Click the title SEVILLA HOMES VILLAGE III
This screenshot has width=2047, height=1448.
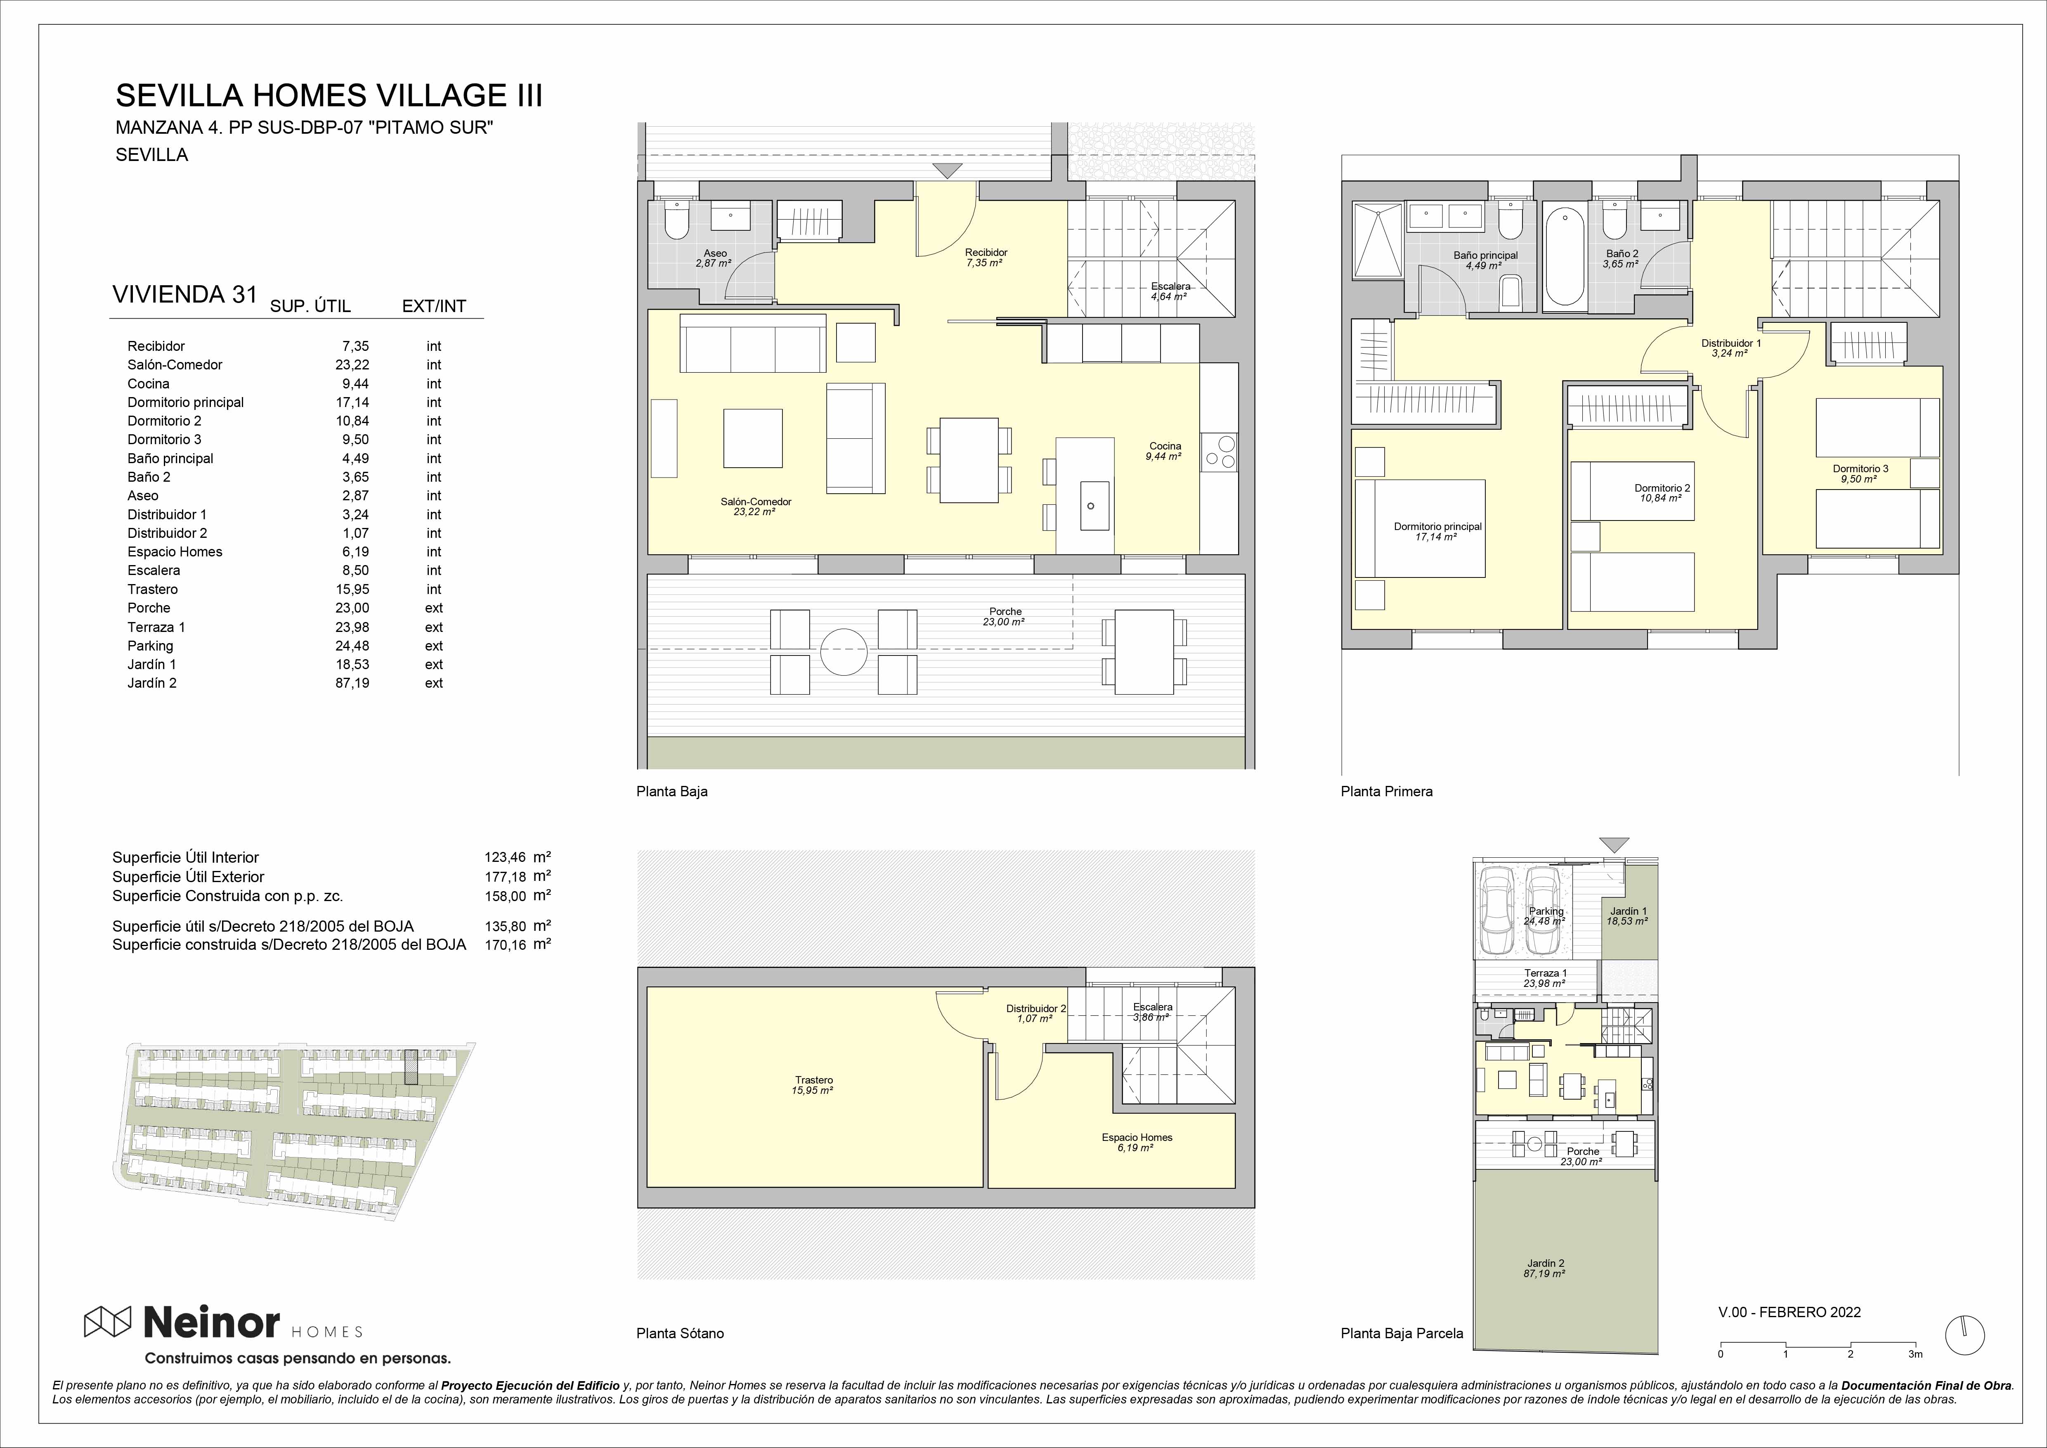point(329,95)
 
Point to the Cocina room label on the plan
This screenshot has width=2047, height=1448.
point(1164,446)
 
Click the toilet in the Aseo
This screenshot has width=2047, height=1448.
point(677,220)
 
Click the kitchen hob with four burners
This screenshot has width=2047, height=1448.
point(1219,452)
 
